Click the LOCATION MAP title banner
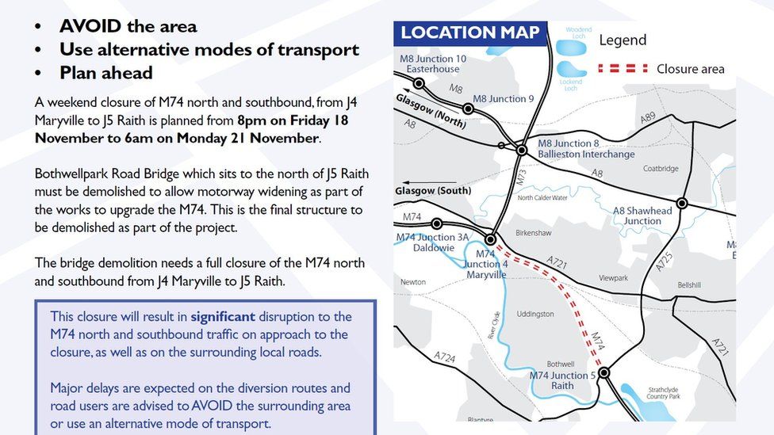(x=470, y=33)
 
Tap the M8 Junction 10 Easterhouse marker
(x=419, y=83)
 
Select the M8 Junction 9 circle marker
(x=469, y=110)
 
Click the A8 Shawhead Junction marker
(x=681, y=204)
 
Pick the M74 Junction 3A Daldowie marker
(x=436, y=224)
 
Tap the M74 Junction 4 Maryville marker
(x=491, y=238)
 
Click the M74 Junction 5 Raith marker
(x=603, y=372)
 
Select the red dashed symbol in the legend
(x=623, y=69)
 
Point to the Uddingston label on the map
(x=535, y=314)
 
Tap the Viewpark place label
(x=613, y=278)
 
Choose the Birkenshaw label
(x=533, y=235)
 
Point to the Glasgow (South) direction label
(x=433, y=191)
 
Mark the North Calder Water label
(x=542, y=197)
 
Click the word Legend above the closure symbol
(x=623, y=40)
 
